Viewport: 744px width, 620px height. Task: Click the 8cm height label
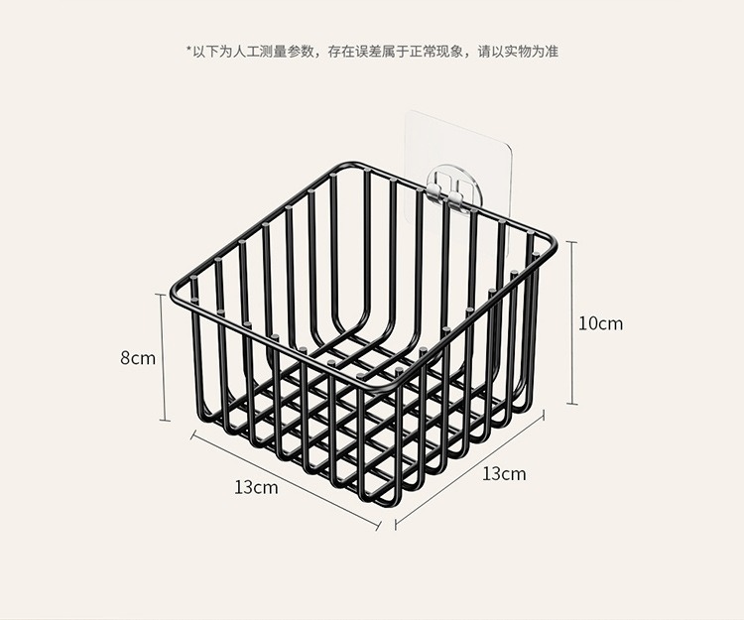pos(138,358)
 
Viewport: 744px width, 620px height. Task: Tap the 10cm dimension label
pos(601,323)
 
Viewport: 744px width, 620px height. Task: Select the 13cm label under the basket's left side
pos(256,487)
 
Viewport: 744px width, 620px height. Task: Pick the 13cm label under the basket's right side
pos(504,473)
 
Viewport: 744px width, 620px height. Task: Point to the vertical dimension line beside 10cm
pos(572,323)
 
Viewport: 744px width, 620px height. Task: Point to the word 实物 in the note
pos(508,51)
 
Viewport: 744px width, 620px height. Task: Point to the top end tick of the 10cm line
pos(572,242)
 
